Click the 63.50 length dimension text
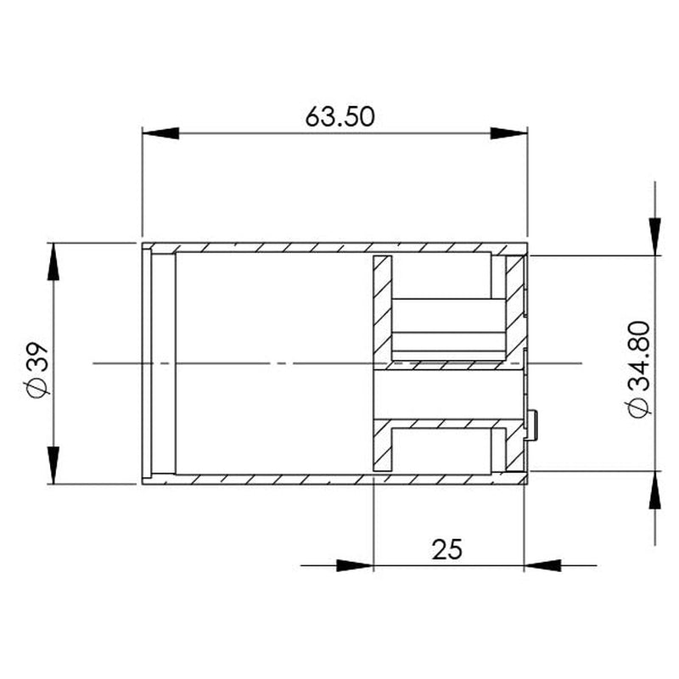(x=339, y=116)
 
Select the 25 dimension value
(x=446, y=549)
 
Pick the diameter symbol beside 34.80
(x=639, y=407)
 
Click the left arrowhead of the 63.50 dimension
(x=161, y=133)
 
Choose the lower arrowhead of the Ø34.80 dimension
(x=654, y=491)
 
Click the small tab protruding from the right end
(x=532, y=424)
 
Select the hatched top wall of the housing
(x=339, y=248)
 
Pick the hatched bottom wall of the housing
(x=339, y=478)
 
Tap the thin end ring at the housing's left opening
(x=146, y=363)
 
